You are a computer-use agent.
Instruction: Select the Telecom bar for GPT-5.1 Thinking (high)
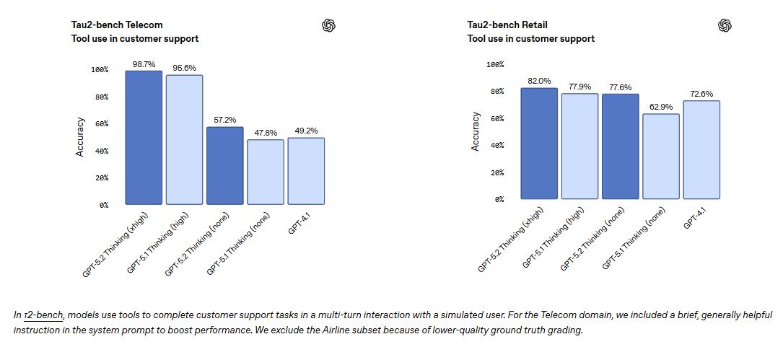184,139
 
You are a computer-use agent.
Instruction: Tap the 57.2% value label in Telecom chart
224,120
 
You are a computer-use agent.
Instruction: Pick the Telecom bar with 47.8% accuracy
265,172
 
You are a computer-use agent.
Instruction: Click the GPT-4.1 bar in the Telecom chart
305,171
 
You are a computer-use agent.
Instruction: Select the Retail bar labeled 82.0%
539,143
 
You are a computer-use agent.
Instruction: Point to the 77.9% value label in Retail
579,87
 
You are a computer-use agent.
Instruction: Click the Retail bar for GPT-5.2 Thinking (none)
620,146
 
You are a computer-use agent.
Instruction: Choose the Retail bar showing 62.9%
660,156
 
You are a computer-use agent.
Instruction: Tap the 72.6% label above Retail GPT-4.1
701,94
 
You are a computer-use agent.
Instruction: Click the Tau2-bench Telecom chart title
117,25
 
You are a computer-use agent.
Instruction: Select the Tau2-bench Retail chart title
507,25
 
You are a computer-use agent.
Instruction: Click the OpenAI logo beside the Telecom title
328,26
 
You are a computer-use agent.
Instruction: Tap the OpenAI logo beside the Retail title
725,26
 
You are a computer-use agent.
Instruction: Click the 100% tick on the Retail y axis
495,65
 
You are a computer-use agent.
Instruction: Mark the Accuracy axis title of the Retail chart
475,131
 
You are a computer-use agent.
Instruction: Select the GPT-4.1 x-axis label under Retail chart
696,219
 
